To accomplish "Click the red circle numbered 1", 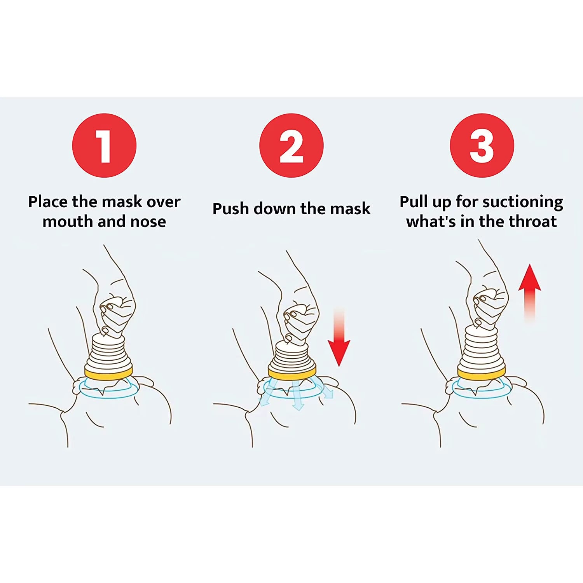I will (104, 145).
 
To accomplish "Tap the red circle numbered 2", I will (291, 145).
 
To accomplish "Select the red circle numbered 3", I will (482, 145).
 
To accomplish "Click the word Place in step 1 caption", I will (48, 202).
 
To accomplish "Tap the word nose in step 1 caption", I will (148, 222).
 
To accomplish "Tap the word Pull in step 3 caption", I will (414, 202).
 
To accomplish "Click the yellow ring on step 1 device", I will (108, 374).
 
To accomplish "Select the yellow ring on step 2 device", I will (291, 374).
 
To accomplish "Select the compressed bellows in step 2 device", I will (291, 356).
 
